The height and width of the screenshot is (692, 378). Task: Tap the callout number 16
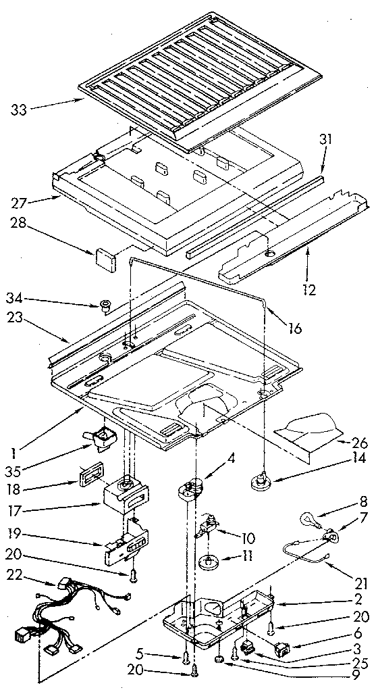pyautogui.click(x=294, y=329)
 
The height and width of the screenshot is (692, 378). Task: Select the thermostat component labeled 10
pyautogui.click(x=209, y=530)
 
